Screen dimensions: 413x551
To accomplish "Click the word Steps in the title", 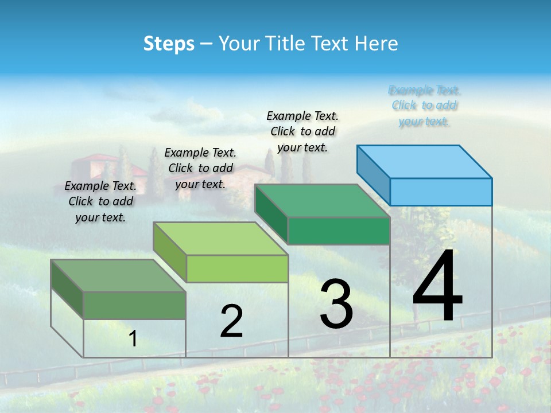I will (169, 44).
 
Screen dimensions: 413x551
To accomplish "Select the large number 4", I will (437, 287).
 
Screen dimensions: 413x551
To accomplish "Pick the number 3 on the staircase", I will (336, 304).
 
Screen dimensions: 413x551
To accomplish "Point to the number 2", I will (231, 321).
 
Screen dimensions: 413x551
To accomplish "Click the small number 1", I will (133, 339).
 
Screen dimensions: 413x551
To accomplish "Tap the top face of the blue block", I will (425, 161).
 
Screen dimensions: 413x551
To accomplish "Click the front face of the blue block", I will (441, 192).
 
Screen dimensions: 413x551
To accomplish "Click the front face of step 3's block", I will (339, 231).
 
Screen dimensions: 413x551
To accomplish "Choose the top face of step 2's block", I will (220, 239).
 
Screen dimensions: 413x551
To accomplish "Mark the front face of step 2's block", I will (237, 268).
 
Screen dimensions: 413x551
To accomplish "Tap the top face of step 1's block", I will (118, 275).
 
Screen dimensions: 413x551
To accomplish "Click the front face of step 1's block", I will (134, 305).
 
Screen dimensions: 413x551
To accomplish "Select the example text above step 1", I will (100, 201).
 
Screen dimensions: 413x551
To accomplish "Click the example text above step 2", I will (200, 168).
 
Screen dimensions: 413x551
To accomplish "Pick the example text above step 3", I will (302, 131).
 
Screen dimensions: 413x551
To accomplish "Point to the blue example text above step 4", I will (424, 106).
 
